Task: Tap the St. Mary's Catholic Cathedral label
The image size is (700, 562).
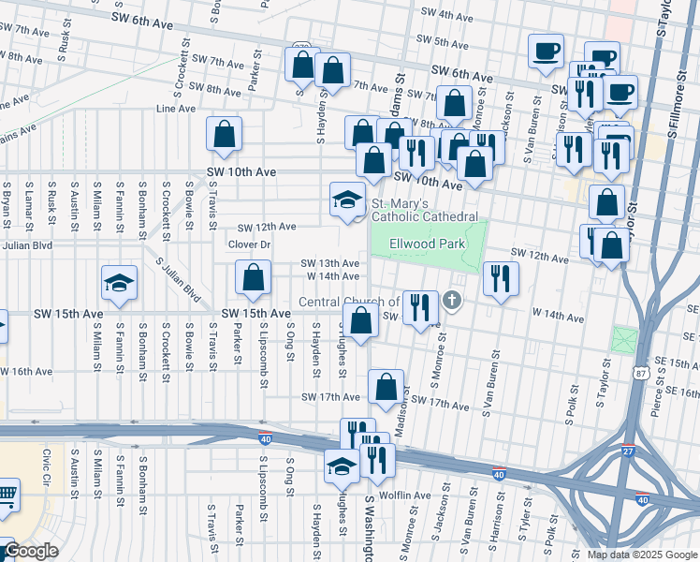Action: tap(427, 210)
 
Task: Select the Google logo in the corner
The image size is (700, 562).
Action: tap(30, 552)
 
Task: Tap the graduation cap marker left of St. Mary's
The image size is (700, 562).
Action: tap(346, 200)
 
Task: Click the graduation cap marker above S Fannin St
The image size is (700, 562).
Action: tap(120, 284)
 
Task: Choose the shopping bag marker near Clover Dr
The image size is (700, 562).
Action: tap(253, 278)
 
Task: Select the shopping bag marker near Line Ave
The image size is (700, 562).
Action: tap(225, 135)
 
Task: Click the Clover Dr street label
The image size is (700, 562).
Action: tap(249, 244)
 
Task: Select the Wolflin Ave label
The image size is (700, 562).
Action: tap(405, 495)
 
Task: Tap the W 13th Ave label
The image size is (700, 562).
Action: tap(330, 263)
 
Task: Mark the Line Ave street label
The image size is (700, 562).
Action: tap(175, 109)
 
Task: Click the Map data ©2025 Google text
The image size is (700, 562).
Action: tap(641, 554)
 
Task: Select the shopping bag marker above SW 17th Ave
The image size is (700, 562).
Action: tap(386, 387)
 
